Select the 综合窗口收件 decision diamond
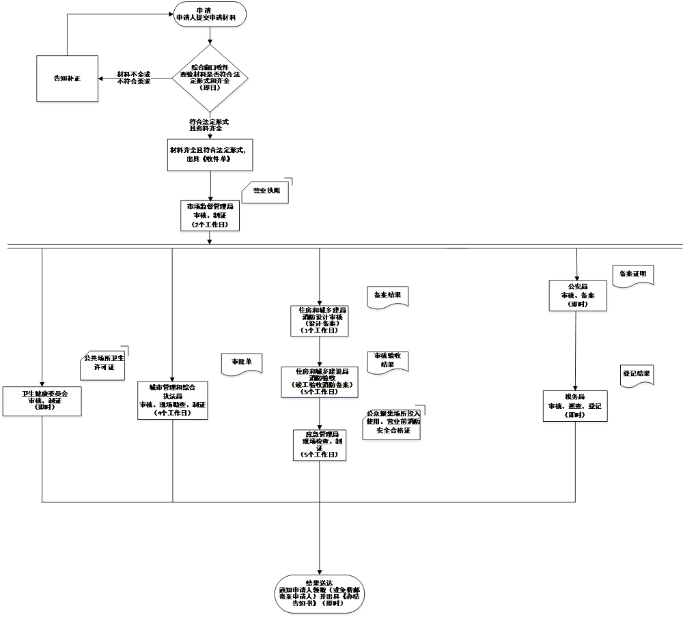pyautogui.click(x=210, y=78)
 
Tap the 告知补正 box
pyautogui.click(x=67, y=78)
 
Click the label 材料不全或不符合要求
pyautogui.click(x=133, y=78)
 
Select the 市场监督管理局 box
pyautogui.click(x=210, y=214)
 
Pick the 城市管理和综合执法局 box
pyautogui.click(x=172, y=399)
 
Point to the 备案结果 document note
pyautogui.click(x=387, y=296)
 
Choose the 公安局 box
pyautogui.click(x=578, y=296)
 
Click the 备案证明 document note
pyautogui.click(x=632, y=274)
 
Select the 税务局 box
pyautogui.click(x=575, y=406)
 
